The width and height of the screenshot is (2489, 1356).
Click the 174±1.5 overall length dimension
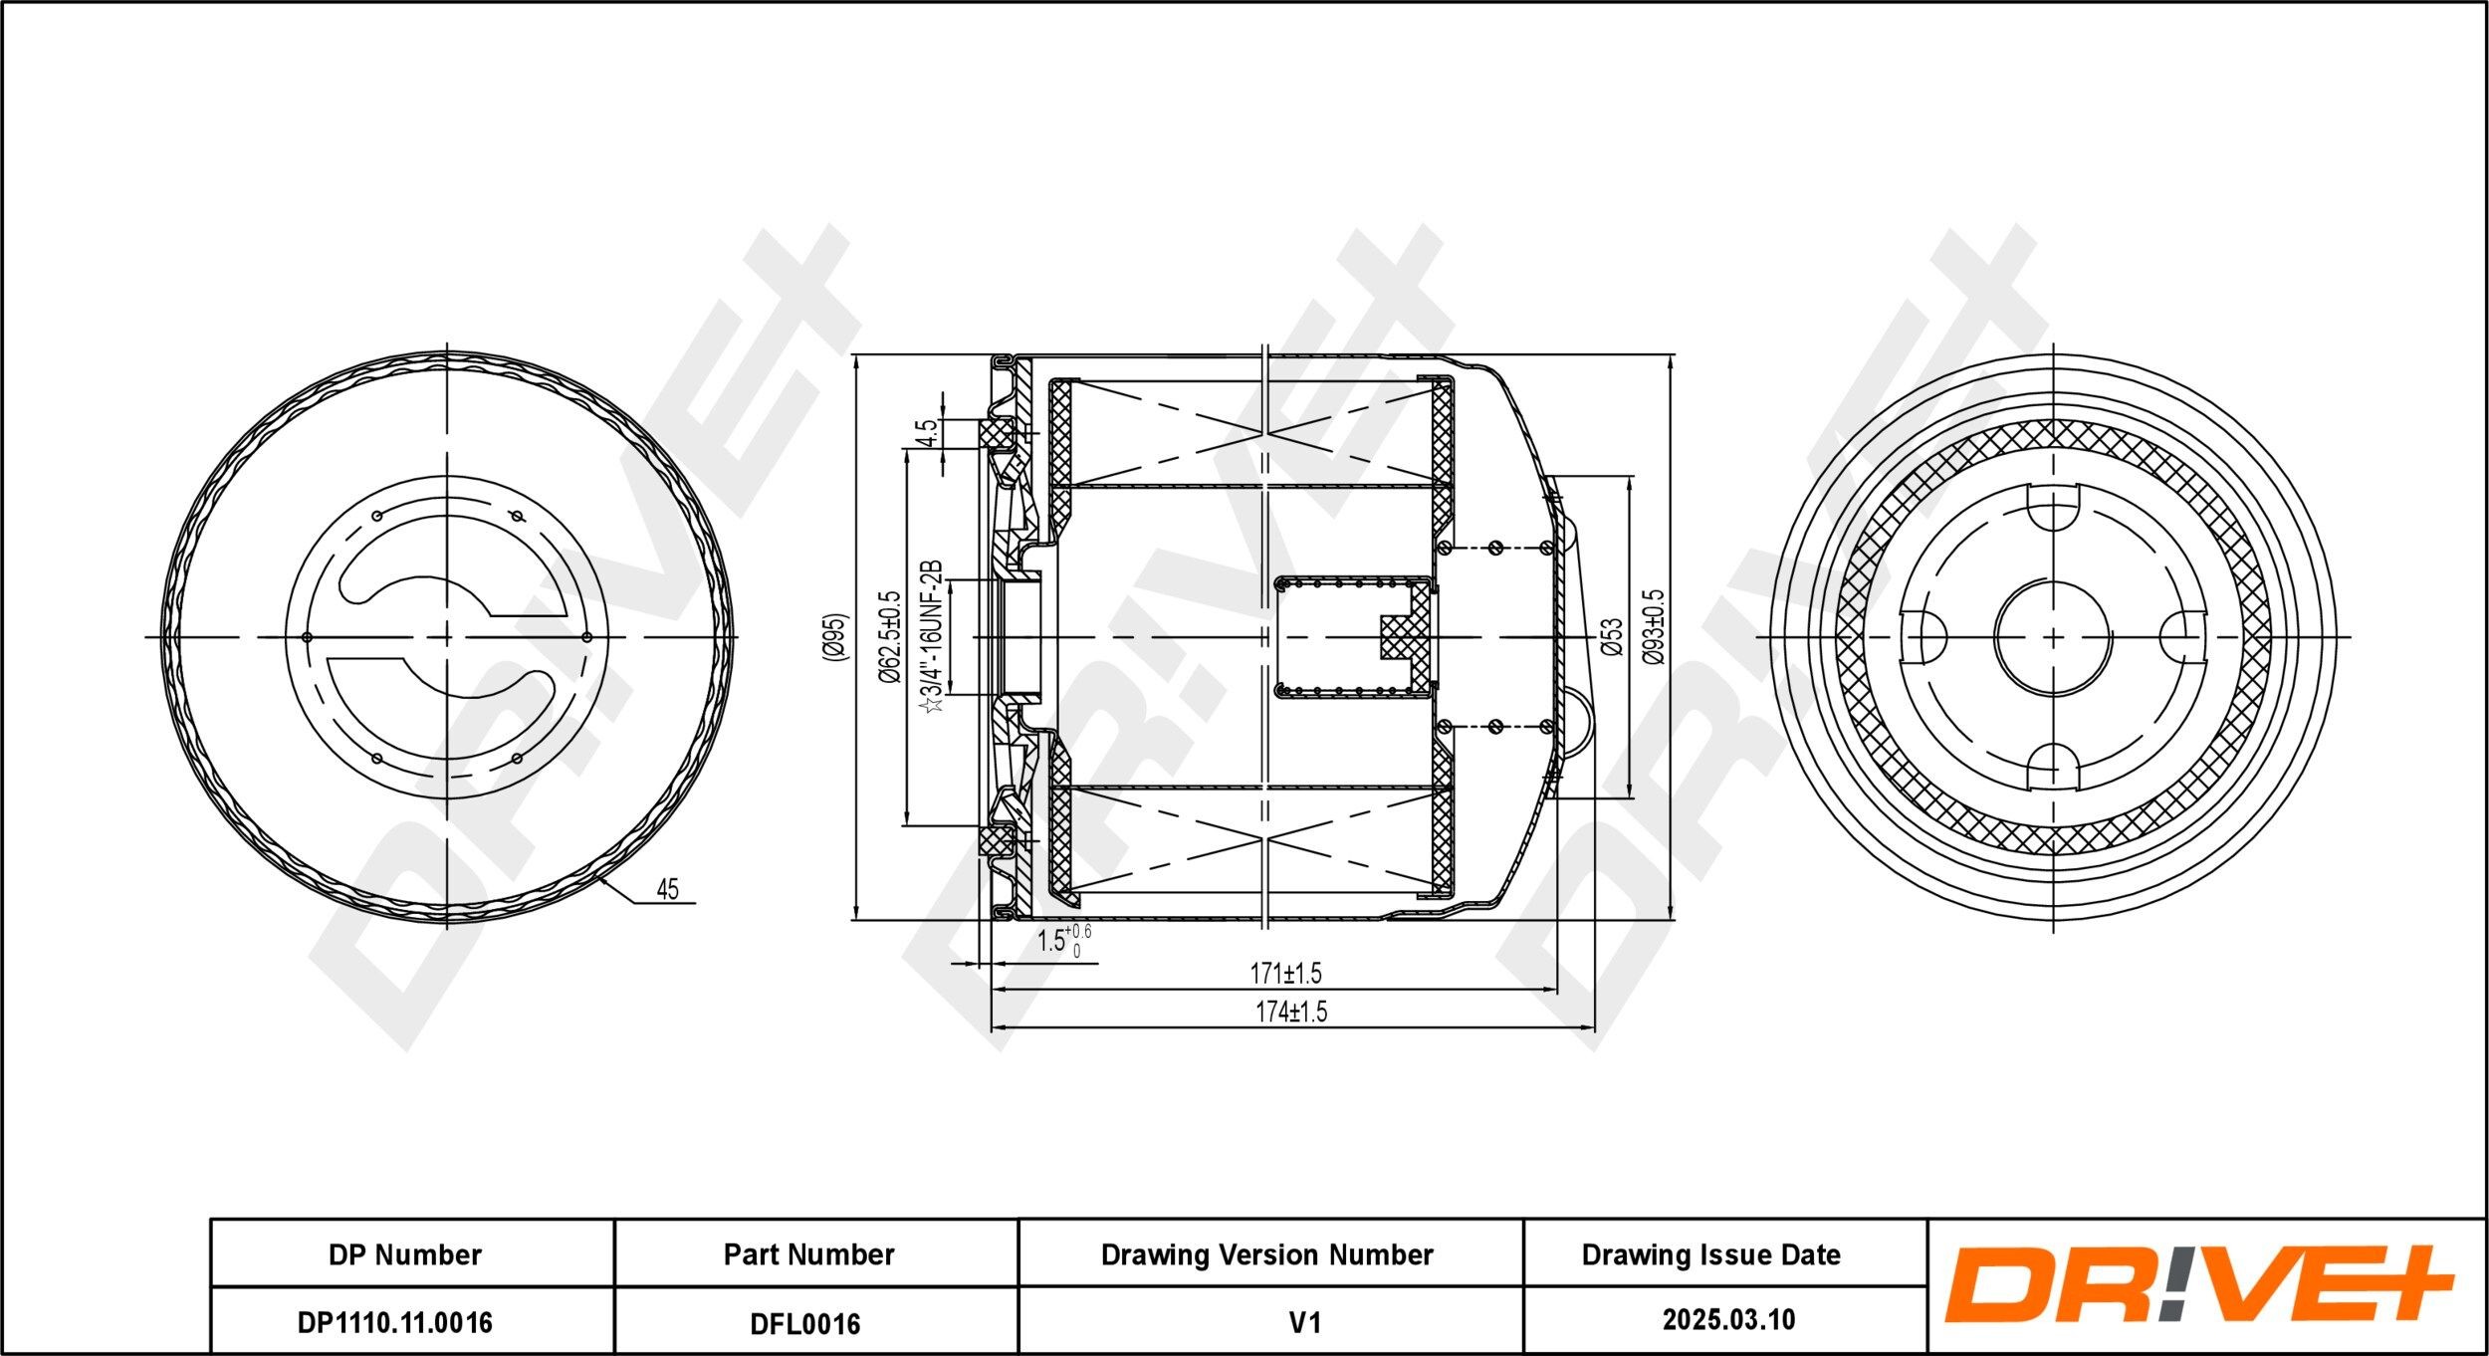[x=1290, y=1013]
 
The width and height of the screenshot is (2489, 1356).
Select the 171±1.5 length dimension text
[x=1285, y=973]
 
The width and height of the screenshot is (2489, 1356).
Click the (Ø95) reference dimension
[x=834, y=638]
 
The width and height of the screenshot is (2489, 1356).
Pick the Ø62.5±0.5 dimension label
[x=889, y=637]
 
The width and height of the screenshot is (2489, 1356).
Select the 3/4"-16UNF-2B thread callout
[x=932, y=637]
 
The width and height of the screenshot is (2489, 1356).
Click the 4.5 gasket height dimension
[x=926, y=433]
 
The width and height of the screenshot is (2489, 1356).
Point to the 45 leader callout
[x=667, y=889]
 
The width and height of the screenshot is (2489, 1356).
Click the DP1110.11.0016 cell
[x=394, y=1322]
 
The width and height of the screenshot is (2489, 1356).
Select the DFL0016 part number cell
[x=804, y=1322]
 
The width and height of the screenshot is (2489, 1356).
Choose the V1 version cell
[x=1304, y=1322]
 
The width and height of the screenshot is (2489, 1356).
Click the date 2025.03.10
[x=1728, y=1320]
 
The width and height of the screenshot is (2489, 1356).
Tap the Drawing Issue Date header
[x=1710, y=1254]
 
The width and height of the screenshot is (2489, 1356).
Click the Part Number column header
[x=808, y=1254]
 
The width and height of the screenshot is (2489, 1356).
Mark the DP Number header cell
[x=404, y=1254]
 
